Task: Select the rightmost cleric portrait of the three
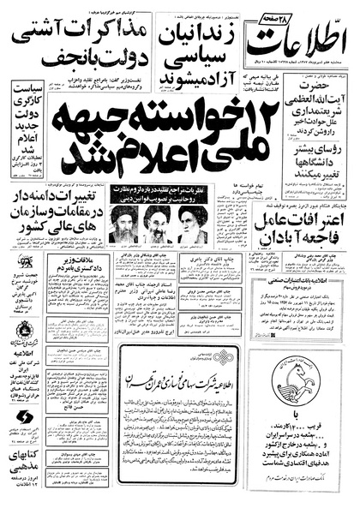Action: [x=192, y=225]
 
